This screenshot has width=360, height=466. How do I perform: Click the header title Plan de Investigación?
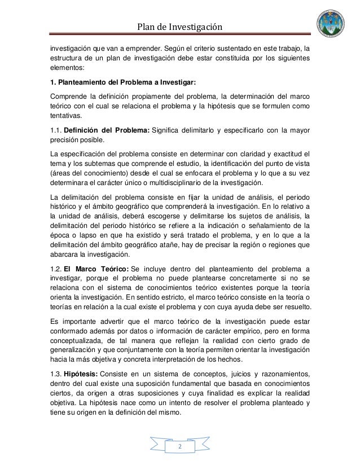click(181, 27)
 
